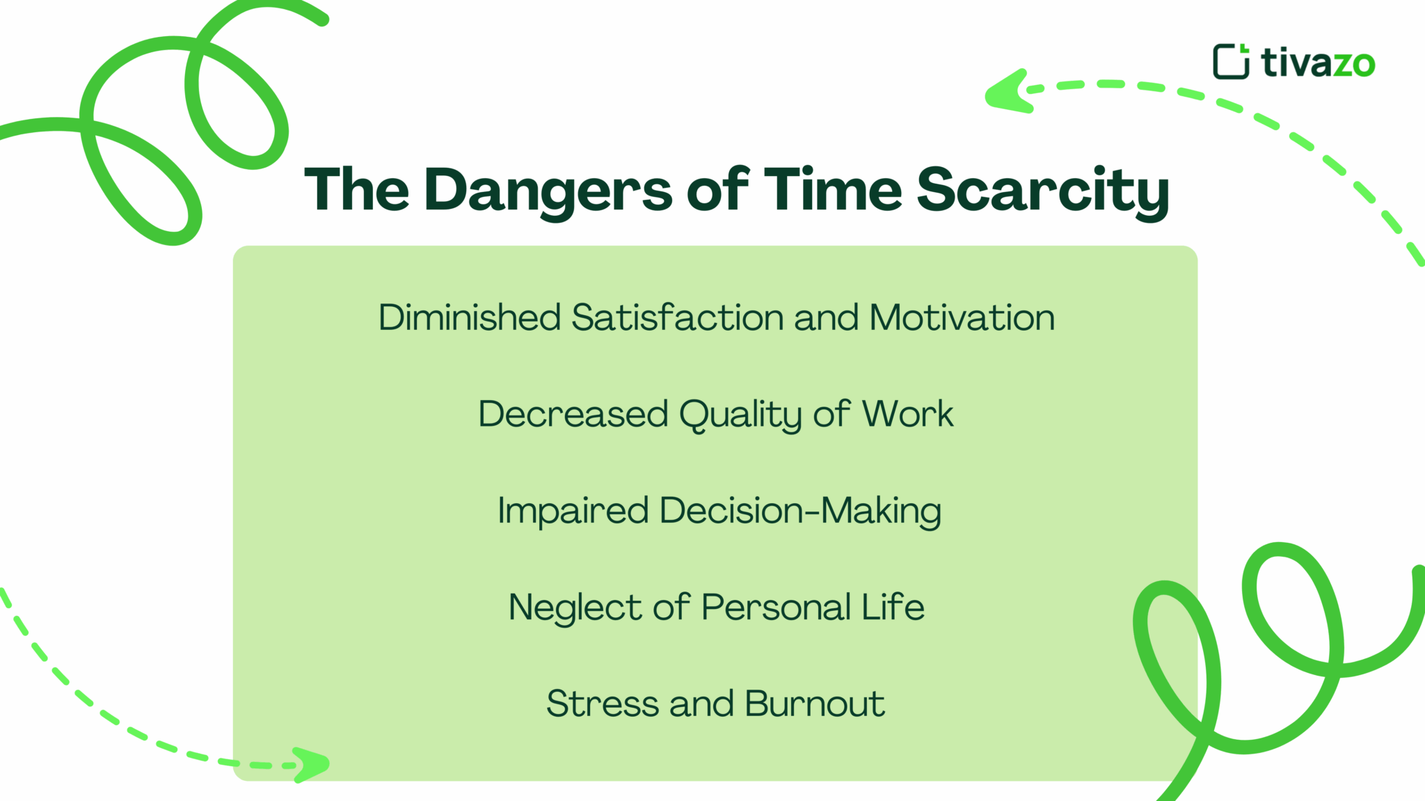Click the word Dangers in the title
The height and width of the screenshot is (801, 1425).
[x=548, y=190]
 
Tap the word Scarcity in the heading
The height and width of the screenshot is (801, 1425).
[x=1042, y=190]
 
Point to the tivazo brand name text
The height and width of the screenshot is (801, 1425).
[x=1318, y=63]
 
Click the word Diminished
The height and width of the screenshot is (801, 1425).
[x=469, y=317]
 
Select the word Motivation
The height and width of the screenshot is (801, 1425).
[x=962, y=317]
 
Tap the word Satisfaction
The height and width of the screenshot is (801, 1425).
[x=677, y=317]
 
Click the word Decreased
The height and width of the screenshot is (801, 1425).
[x=573, y=414]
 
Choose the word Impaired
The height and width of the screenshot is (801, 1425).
[x=573, y=511]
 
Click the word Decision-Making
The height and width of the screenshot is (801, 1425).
[x=800, y=511]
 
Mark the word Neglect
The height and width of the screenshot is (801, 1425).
[x=575, y=608]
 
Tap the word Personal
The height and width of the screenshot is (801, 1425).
[x=776, y=607]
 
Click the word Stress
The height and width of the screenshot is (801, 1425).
[x=602, y=704]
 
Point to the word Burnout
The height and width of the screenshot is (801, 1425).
[x=814, y=704]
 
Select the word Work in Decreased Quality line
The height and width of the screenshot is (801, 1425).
[x=907, y=414]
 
